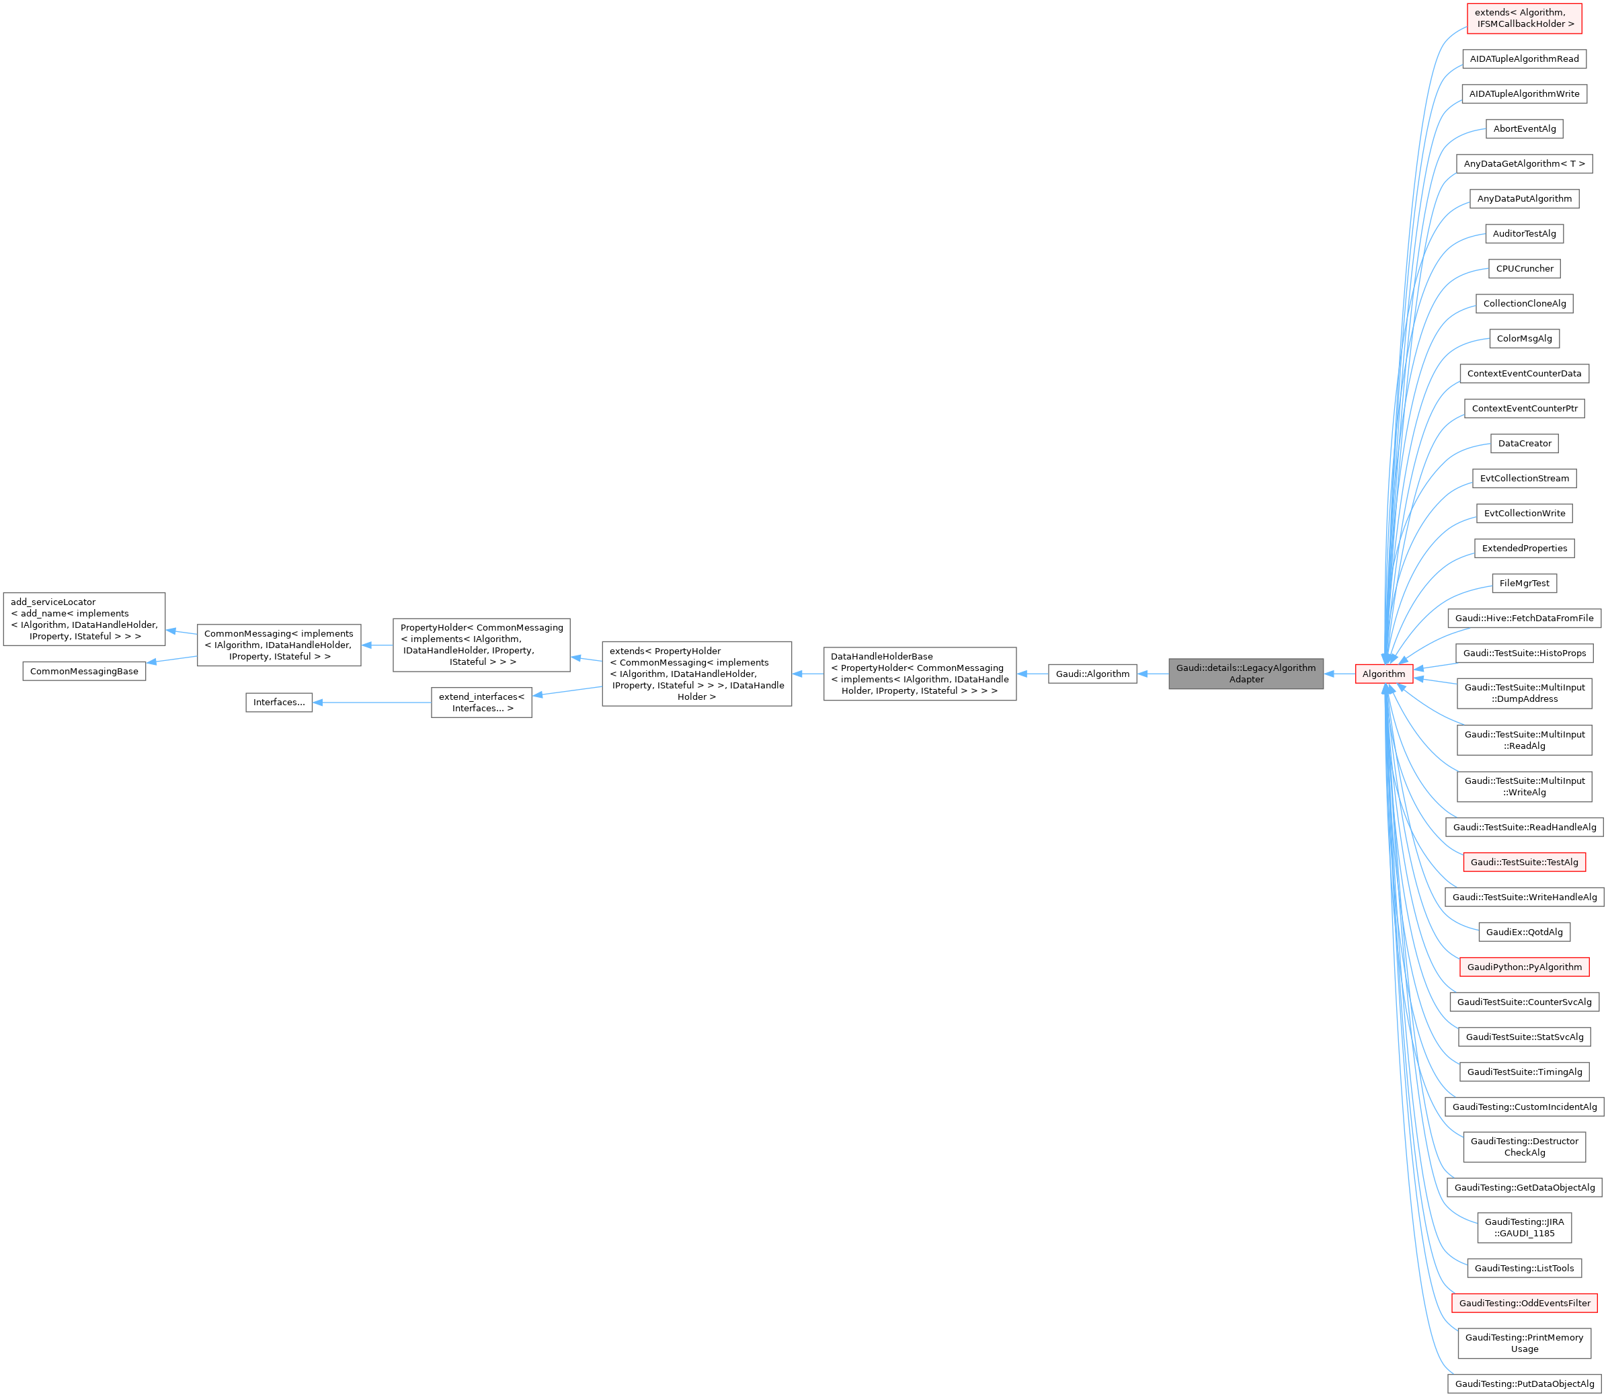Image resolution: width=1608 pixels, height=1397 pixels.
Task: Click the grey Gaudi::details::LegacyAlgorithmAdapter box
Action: point(1246,674)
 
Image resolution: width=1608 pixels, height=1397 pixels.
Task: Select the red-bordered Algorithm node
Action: point(1383,674)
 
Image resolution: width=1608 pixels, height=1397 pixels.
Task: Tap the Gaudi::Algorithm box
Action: point(1092,674)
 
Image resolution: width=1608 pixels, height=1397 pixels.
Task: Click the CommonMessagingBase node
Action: point(84,671)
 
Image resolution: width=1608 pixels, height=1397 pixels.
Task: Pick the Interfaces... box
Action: point(279,703)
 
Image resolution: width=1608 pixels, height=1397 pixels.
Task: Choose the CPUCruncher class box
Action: point(1525,269)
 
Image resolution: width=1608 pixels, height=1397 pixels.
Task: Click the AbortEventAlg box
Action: point(1525,128)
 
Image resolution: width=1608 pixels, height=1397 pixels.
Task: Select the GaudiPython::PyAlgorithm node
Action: point(1525,967)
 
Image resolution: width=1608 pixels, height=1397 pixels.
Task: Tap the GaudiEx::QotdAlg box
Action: point(1525,932)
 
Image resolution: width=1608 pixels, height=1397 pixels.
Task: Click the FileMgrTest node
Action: point(1525,583)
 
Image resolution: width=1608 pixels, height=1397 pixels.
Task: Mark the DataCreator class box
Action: point(1525,444)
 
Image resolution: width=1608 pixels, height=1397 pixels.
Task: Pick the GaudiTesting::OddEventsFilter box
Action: point(1525,1303)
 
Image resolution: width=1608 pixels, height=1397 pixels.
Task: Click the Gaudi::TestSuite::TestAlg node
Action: point(1525,863)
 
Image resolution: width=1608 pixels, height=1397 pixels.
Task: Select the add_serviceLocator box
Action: point(84,619)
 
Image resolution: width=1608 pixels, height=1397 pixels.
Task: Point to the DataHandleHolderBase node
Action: point(920,674)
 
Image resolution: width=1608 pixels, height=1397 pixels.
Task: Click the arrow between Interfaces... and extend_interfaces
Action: point(372,703)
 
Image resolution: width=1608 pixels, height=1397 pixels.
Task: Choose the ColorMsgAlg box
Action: point(1525,338)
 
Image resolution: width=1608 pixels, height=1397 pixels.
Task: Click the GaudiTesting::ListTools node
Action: point(1525,1268)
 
